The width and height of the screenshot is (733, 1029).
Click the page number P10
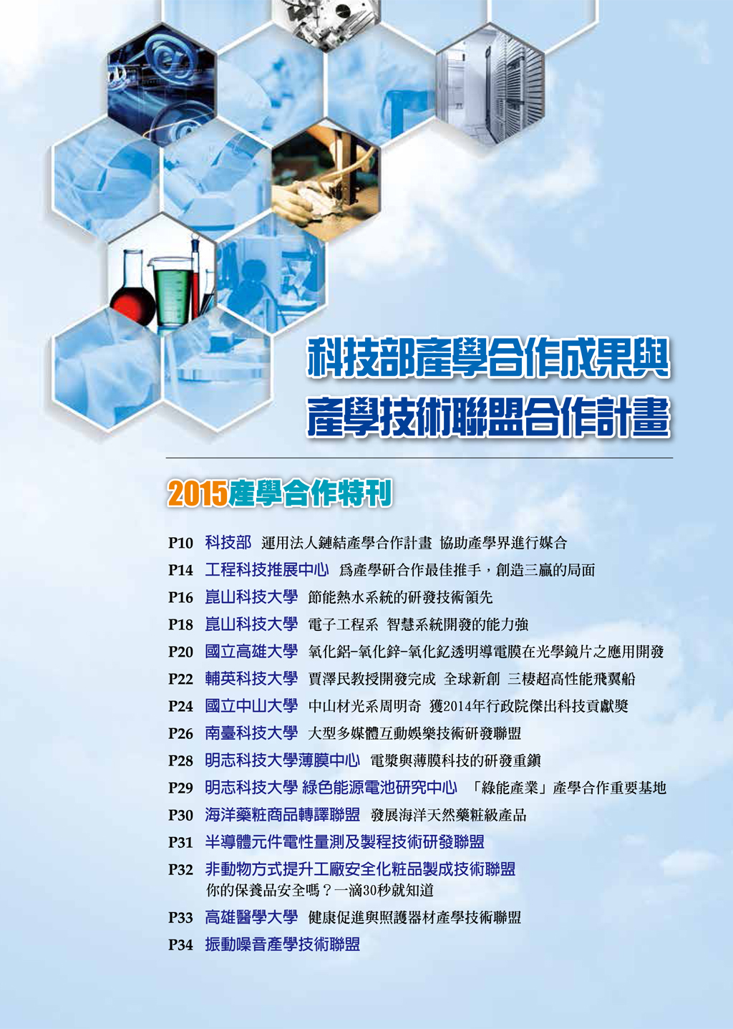point(180,543)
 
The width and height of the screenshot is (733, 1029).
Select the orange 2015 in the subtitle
point(198,494)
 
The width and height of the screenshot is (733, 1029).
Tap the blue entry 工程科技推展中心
point(267,569)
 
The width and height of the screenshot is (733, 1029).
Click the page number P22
point(180,679)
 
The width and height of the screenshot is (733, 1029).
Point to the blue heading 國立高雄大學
point(251,652)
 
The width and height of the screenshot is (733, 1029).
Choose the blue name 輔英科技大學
point(251,679)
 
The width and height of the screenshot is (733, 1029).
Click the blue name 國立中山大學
point(251,705)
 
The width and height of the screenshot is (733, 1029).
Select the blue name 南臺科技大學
point(251,733)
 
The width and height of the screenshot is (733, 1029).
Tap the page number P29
point(180,788)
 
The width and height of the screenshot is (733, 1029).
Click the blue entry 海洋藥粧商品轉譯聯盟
point(283,814)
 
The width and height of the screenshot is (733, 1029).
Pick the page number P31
point(180,843)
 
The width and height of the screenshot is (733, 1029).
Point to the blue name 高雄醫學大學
point(251,917)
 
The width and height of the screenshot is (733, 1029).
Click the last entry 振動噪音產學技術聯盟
point(283,945)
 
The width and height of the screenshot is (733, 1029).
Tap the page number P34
point(180,945)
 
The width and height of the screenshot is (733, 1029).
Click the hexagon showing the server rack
point(490,85)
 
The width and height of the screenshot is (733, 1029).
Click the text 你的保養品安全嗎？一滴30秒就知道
point(320,891)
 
